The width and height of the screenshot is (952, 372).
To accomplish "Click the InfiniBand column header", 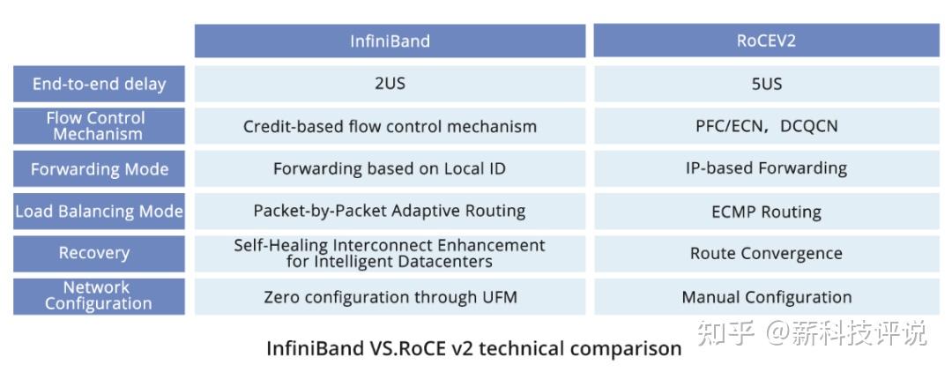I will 390,41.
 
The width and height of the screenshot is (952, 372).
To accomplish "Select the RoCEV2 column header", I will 766,41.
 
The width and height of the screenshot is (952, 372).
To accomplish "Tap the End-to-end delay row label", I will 99,84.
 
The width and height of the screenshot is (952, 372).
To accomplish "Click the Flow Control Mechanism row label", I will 99,126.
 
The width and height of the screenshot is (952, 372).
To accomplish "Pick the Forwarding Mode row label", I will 99,168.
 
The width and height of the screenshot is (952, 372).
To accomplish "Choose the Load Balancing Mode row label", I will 99,212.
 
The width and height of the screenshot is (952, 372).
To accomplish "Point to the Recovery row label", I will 99,253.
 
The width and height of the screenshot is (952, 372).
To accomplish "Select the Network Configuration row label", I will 99,295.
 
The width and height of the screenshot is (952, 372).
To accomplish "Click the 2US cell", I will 390,84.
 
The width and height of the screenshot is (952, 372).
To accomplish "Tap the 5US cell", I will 766,84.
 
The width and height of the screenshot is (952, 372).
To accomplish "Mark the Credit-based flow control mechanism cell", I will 390,126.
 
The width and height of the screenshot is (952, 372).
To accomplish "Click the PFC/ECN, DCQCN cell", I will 766,126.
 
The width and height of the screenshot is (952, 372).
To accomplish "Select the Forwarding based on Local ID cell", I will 390,168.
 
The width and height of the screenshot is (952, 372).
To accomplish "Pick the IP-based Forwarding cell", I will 766,168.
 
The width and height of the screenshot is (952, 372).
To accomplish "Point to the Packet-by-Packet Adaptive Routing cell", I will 390,212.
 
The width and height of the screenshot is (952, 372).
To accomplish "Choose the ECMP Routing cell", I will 766,212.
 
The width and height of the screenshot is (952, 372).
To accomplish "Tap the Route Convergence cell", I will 766,253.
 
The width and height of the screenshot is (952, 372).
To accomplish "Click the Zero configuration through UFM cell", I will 390,297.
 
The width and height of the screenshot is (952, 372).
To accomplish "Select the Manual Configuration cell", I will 766,297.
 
